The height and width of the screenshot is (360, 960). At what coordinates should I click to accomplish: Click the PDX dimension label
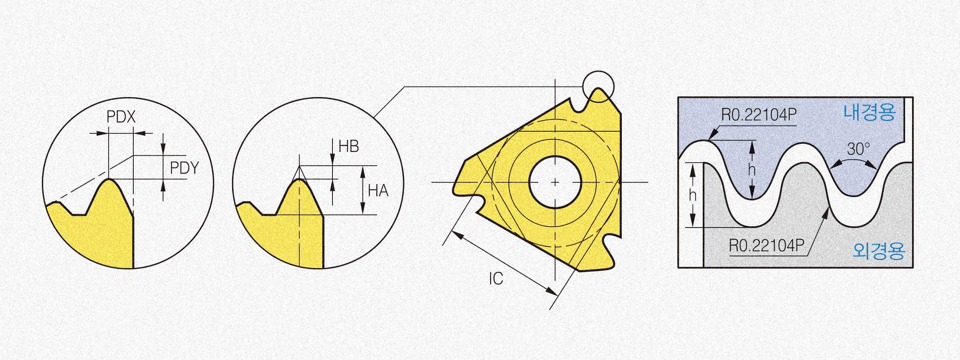tap(121, 117)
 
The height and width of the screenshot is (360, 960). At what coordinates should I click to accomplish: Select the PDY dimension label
tap(185, 168)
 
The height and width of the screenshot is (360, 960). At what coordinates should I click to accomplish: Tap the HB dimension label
tap(349, 146)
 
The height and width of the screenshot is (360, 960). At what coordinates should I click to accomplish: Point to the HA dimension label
tap(378, 191)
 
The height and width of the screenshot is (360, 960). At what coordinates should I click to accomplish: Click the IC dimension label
tap(496, 279)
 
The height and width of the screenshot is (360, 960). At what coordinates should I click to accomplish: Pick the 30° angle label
tap(858, 149)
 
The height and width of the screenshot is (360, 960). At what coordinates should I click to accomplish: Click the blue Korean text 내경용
tap(869, 112)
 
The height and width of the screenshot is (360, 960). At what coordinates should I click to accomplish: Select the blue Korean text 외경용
tap(879, 251)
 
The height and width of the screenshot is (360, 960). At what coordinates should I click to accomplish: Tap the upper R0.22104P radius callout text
tap(759, 115)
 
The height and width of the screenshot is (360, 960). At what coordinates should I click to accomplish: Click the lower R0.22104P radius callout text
tap(767, 245)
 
